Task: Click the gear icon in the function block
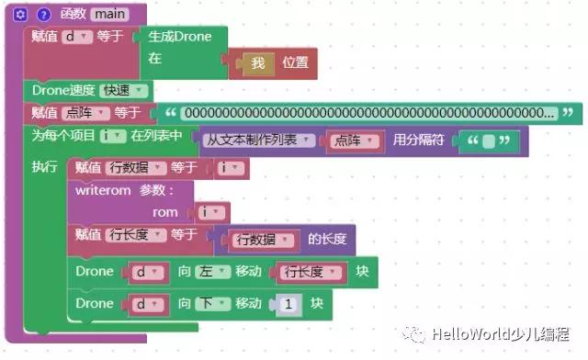(x=20, y=15)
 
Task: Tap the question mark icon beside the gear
(x=41, y=15)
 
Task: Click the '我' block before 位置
(x=258, y=63)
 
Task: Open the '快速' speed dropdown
(x=125, y=90)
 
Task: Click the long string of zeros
(x=367, y=113)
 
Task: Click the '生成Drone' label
(x=180, y=37)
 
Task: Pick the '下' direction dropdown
(x=215, y=303)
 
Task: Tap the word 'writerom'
(x=105, y=190)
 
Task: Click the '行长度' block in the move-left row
(x=313, y=272)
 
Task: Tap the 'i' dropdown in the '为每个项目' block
(x=113, y=136)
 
